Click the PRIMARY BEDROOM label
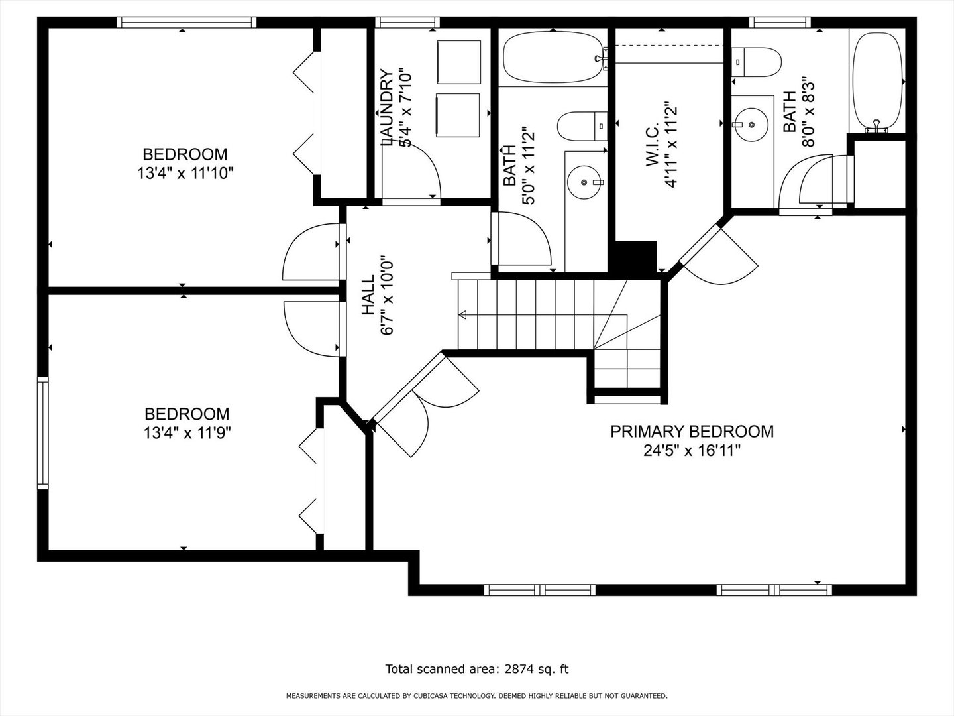tap(692, 431)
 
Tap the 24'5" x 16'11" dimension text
tap(692, 451)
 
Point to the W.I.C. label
tap(653, 145)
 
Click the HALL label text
tap(368, 295)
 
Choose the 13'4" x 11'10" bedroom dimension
tap(185, 174)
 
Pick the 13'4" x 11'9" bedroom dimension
tap(187, 433)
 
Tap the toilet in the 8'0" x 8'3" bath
tap(757, 62)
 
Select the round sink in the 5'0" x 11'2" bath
tap(584, 182)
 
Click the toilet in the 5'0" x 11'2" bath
tap(582, 126)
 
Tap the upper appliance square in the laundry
tap(459, 62)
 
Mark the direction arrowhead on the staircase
tap(462, 315)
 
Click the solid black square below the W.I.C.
tap(635, 257)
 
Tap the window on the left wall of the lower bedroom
tap(42, 432)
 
